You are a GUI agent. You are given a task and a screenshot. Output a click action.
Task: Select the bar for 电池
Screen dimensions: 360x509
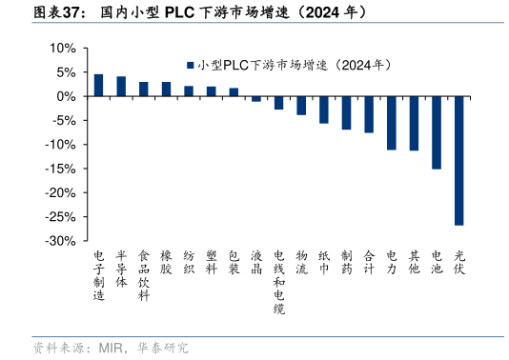click(437, 132)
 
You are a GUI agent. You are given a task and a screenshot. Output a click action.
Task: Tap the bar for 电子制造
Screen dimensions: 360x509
click(98, 85)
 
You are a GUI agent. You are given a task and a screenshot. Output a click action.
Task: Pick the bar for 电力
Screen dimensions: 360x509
click(392, 123)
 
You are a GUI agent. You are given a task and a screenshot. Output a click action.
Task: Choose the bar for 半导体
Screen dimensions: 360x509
click(121, 87)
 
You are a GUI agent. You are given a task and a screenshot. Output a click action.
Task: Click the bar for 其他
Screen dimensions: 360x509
click(414, 123)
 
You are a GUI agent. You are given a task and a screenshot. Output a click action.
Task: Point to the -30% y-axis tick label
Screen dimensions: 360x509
click(60, 241)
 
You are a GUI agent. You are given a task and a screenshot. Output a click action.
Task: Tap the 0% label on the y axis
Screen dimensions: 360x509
click(66, 96)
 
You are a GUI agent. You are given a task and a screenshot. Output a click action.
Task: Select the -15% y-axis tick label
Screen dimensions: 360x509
click(60, 169)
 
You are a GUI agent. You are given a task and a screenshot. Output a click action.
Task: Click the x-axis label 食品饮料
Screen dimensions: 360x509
click(144, 276)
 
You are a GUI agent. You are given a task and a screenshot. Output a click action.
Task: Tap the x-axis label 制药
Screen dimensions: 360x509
click(346, 263)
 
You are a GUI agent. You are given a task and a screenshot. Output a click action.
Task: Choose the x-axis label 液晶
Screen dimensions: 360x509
click(256, 263)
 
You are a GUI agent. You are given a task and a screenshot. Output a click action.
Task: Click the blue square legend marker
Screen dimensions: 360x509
click(191, 65)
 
